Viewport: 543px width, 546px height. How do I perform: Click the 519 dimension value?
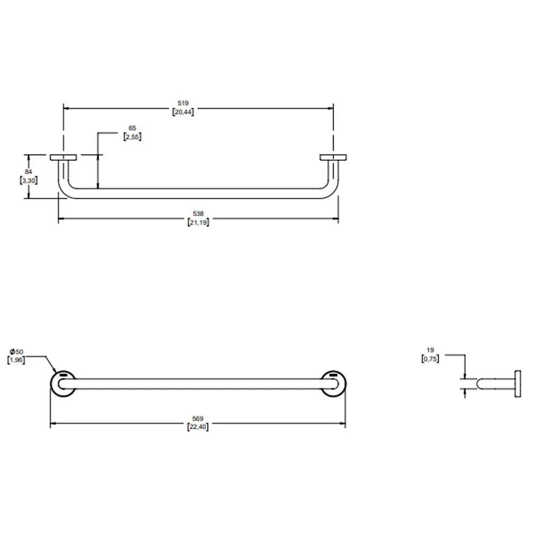coord(183,103)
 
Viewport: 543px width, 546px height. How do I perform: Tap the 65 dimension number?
coord(133,128)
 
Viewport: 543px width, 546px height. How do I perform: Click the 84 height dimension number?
coord(29,172)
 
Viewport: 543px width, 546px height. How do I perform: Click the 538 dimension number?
coord(198,214)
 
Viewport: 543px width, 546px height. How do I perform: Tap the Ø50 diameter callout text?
coord(16,352)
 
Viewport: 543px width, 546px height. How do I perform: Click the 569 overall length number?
coord(198,418)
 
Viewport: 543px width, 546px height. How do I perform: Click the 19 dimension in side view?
coord(431,350)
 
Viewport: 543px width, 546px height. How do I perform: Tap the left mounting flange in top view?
coord(63,157)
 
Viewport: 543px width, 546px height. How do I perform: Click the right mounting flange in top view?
coord(333,157)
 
